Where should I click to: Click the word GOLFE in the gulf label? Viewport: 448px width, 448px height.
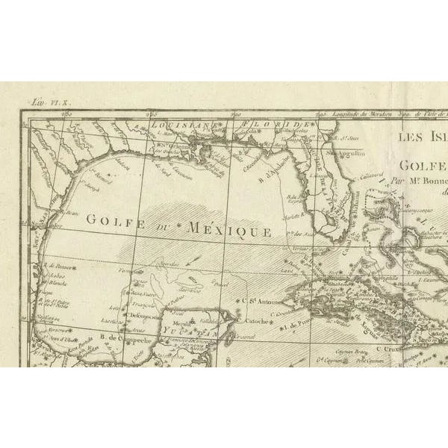pos(110,220)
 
